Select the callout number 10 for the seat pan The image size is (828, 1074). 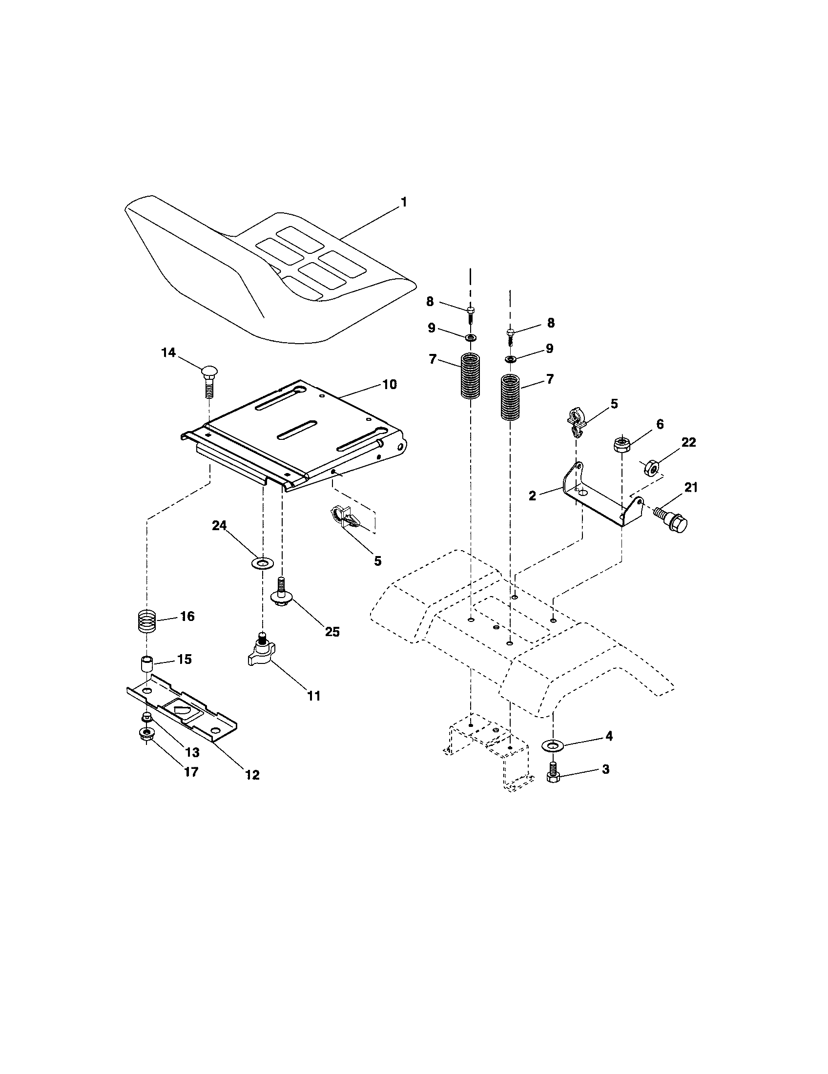[x=390, y=384]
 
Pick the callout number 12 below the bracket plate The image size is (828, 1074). [x=252, y=775]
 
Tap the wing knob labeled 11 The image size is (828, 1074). [x=261, y=654]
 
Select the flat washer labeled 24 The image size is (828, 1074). [x=262, y=561]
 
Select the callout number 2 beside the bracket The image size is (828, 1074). [x=532, y=496]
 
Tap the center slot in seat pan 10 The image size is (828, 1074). [x=297, y=429]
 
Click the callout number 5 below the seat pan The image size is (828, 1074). [x=377, y=560]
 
